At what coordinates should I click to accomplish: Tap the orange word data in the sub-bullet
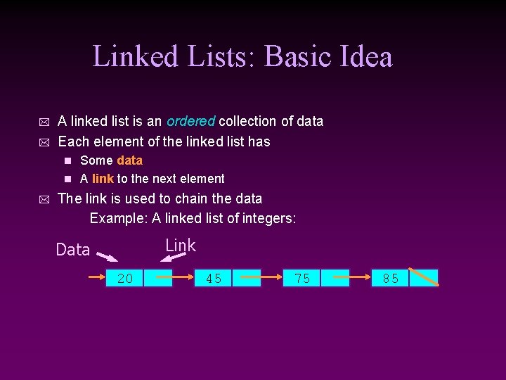tap(129, 160)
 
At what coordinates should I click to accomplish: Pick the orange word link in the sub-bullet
tap(103, 179)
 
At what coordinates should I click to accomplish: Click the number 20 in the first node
tap(125, 279)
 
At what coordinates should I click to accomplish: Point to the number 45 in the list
tap(214, 279)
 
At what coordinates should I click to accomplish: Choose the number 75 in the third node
tap(302, 279)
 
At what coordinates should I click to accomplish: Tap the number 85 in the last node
tap(391, 279)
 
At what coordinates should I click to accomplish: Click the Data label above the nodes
tap(73, 250)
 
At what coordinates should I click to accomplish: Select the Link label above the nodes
tap(181, 246)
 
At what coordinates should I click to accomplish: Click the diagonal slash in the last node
tap(424, 277)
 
